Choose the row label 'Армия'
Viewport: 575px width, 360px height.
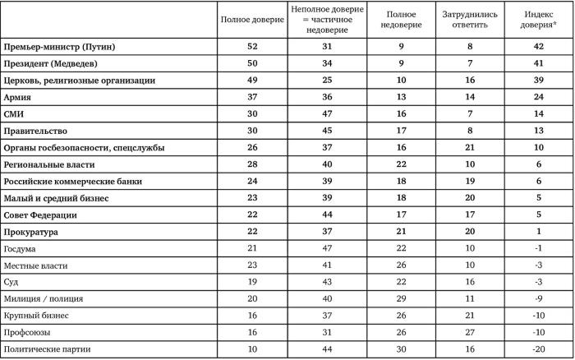18,98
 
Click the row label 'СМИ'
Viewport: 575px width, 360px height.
14,114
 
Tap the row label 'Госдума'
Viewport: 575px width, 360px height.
19,249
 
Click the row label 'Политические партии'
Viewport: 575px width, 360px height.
45,350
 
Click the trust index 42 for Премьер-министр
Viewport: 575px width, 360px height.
538,47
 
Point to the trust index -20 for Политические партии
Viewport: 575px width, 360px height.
538,350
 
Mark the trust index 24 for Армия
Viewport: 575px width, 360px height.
538,98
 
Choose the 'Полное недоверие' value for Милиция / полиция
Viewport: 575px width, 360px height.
402,299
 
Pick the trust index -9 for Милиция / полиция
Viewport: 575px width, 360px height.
538,299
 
